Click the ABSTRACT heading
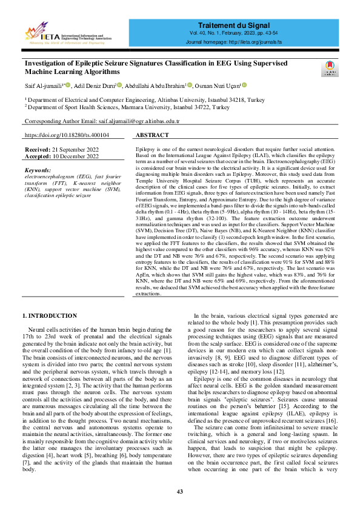(152, 135)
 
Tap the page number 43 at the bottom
(180, 491)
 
